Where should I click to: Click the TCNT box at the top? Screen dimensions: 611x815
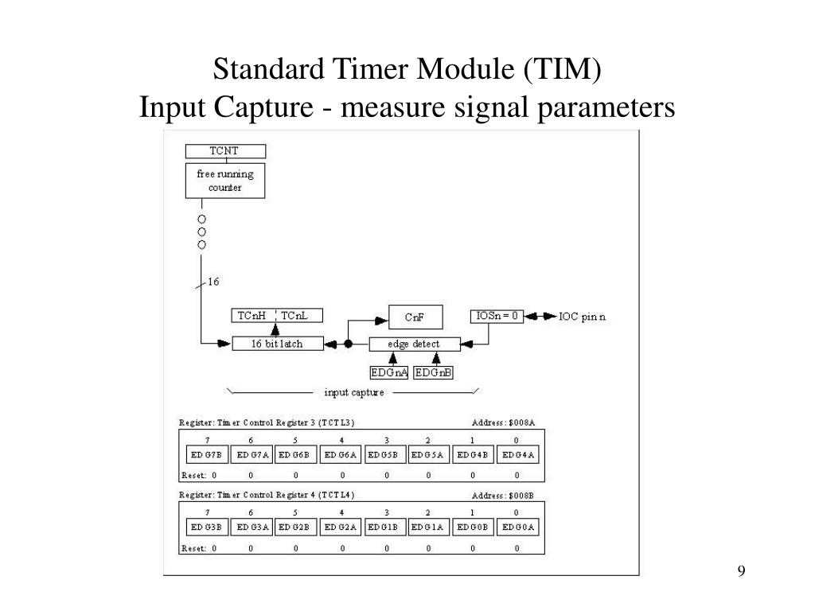225,151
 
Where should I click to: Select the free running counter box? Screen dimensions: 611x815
225,181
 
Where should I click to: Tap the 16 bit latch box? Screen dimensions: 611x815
277,344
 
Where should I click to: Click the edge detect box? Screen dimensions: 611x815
415,344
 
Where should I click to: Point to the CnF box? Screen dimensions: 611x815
415,317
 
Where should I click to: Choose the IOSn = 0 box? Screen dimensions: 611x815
497,316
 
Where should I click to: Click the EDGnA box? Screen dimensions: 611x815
389,372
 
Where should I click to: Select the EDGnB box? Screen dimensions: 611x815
433,372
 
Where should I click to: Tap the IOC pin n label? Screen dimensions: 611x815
582,317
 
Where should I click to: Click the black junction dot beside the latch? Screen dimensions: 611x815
348,344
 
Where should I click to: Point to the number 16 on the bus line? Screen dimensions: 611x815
214,282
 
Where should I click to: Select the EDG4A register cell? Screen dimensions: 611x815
520,455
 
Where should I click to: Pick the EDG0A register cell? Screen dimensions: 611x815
520,527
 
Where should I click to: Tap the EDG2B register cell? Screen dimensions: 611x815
296,527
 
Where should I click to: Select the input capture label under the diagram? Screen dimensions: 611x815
354,392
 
